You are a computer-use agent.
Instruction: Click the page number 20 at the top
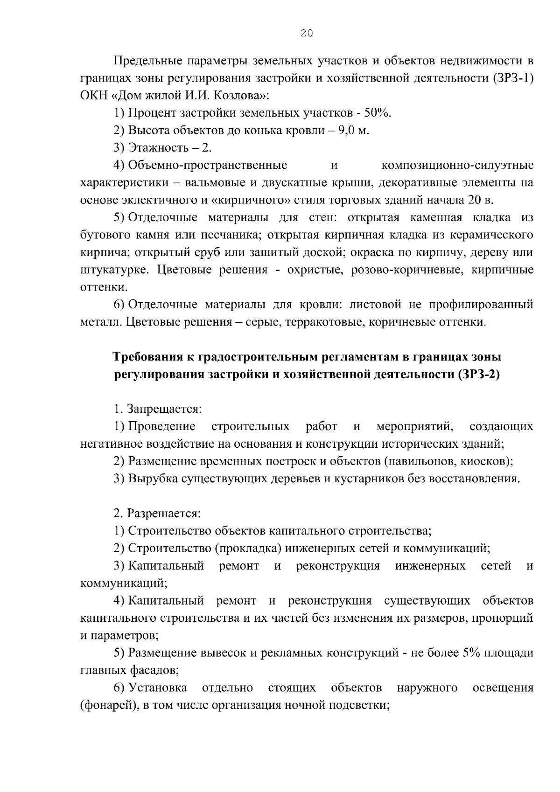[x=307, y=33]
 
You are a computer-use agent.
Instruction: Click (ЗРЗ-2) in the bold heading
[x=476, y=375]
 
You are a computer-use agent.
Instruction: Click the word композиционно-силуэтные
[x=457, y=166]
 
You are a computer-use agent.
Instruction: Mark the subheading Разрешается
[x=164, y=514]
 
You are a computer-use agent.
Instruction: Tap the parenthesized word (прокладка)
[x=248, y=548]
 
